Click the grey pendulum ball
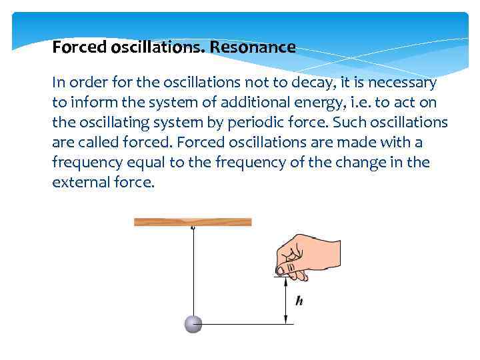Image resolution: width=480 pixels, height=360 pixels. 193,324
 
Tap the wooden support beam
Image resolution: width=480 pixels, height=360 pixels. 193,221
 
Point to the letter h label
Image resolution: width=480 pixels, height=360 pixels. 299,301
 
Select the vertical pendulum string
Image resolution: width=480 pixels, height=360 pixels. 193,273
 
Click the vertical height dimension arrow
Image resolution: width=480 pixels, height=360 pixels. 287,300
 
